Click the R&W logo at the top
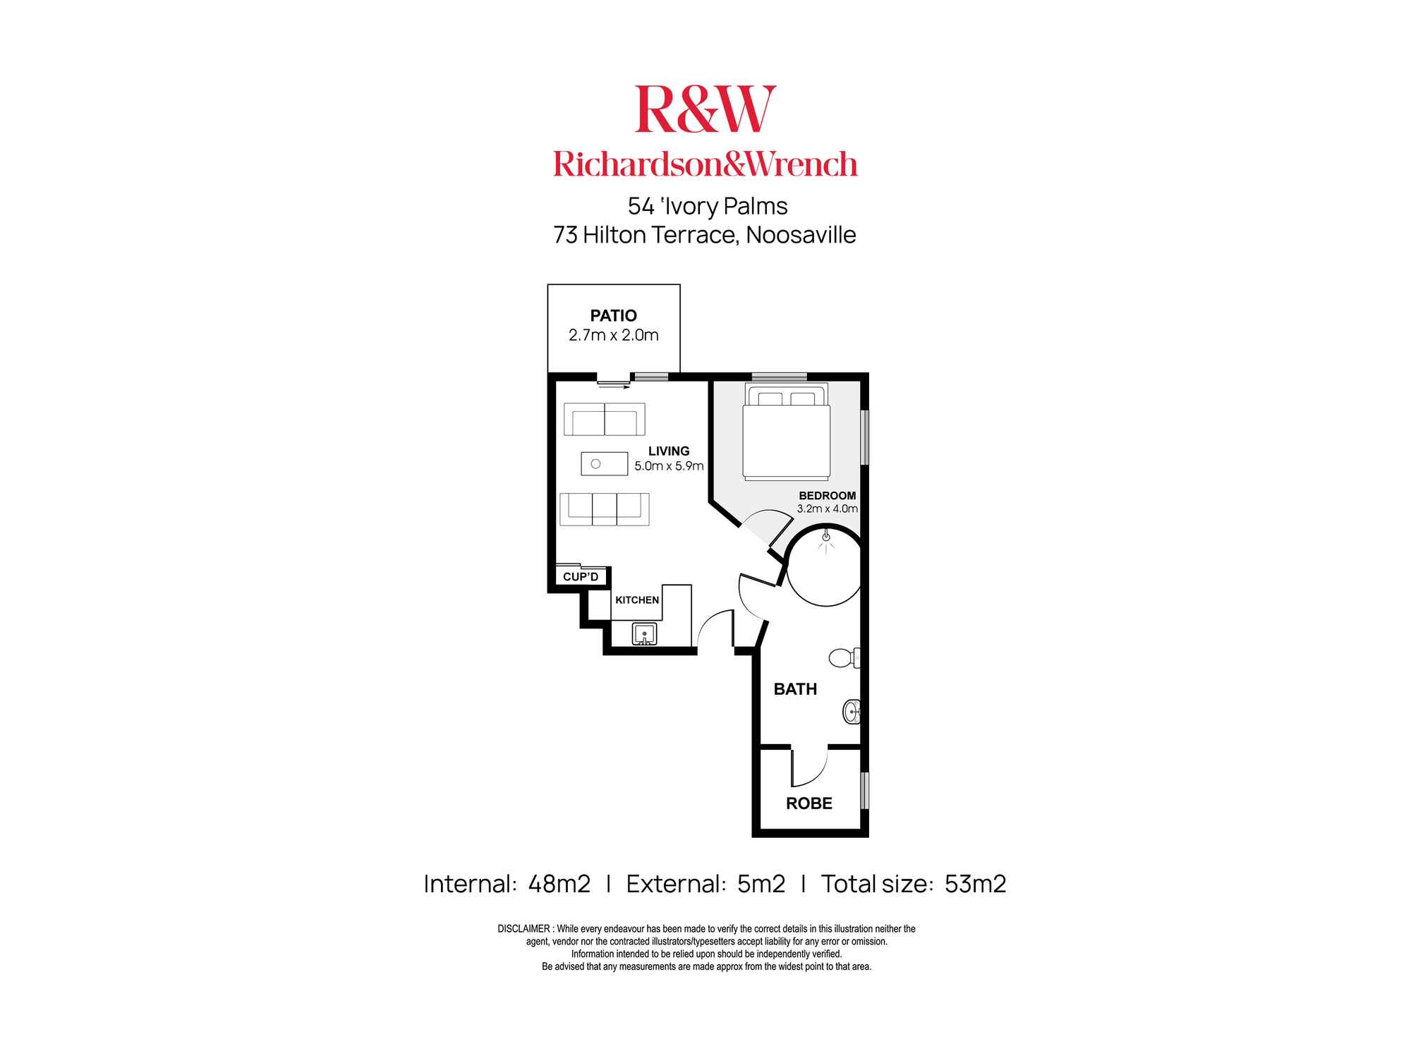[x=705, y=109]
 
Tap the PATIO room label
[x=613, y=315]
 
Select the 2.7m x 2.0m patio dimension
[x=613, y=335]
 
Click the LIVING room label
[x=669, y=451]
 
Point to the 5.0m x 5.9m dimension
[x=669, y=466]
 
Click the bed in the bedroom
[x=786, y=433]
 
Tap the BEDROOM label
[x=827, y=495]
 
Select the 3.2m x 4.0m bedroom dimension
[x=827, y=509]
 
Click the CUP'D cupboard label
[x=581, y=577]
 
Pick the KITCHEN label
[x=637, y=600]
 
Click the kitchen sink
[x=644, y=633]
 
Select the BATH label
[x=795, y=689]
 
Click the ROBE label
[x=809, y=803]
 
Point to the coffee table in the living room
[x=604, y=463]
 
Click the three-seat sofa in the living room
[x=604, y=509]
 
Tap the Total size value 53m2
[x=975, y=884]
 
